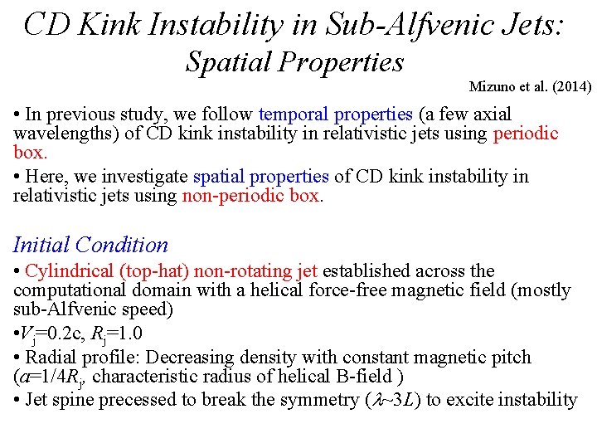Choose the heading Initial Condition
90,245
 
